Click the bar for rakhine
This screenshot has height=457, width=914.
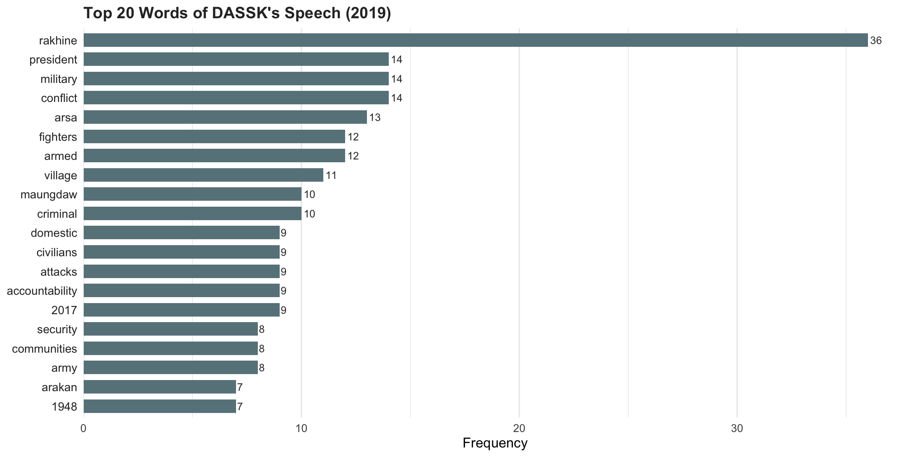coord(475,40)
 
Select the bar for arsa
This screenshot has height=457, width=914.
coord(225,117)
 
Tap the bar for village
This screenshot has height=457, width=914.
coord(203,175)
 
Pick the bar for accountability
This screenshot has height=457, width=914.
coord(181,290)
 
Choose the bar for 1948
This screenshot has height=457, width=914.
coord(159,406)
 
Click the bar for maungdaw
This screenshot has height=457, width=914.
coord(192,194)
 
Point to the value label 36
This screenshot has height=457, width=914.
coord(876,40)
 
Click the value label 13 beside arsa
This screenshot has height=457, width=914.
coord(375,117)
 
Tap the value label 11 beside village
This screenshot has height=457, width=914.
coord(331,175)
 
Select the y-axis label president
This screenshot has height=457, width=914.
coord(53,60)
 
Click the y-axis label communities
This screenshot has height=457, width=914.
coord(44,349)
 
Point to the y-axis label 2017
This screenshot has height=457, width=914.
coord(64,310)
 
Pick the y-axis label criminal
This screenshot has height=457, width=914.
coord(57,214)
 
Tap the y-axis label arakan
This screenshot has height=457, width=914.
coord(60,387)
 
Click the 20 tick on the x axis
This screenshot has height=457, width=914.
coord(519,428)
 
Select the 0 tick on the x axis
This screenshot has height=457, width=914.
coord(83,428)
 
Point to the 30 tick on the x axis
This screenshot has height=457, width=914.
coord(737,428)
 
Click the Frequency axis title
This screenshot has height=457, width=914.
coord(495,443)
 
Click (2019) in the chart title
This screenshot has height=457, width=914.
coord(368,13)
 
